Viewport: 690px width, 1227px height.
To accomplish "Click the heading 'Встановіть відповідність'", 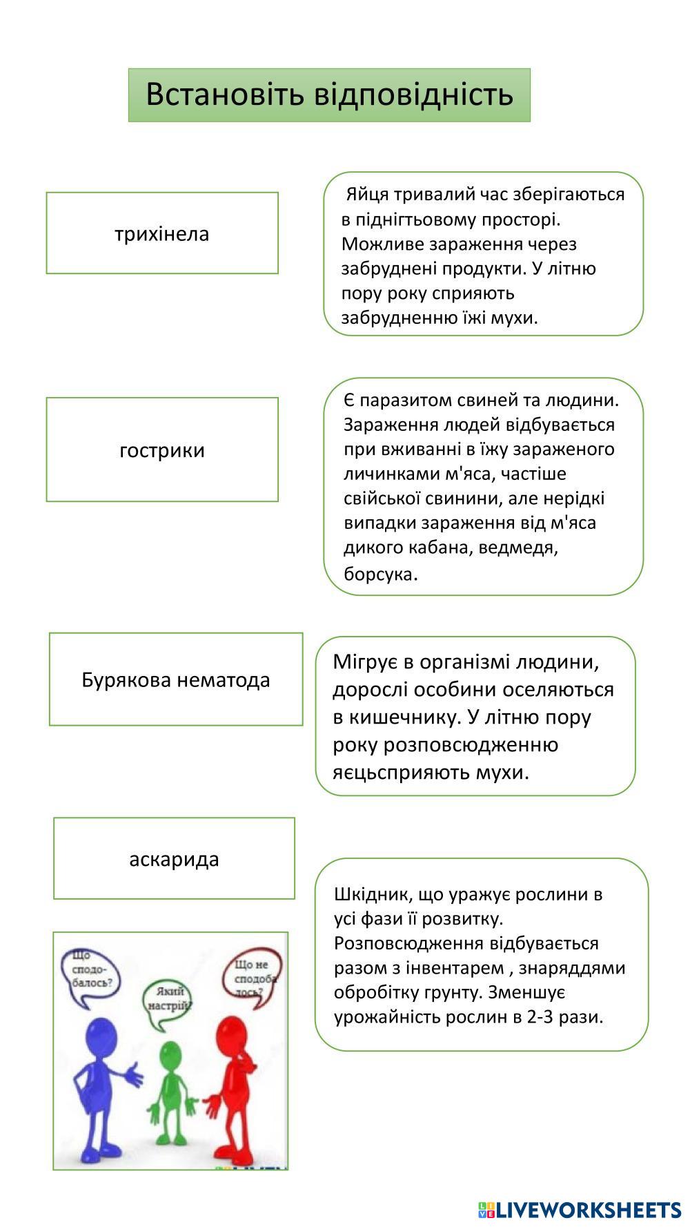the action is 329,95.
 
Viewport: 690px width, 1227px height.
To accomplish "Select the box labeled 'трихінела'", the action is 162,233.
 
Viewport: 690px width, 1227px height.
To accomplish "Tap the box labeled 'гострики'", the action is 162,450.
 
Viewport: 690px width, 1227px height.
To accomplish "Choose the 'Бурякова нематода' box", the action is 176,679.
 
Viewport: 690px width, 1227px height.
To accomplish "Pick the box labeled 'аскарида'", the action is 174,859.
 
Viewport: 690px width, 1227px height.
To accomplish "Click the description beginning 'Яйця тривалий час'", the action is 483,254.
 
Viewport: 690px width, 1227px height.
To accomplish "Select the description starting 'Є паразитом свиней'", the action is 483,486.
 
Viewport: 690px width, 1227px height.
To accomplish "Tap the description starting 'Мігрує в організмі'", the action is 475,716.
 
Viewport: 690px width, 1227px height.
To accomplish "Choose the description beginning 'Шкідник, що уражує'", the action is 482,955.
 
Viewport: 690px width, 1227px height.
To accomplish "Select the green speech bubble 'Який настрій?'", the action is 167,1000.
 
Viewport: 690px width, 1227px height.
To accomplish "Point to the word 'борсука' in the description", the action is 379,574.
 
